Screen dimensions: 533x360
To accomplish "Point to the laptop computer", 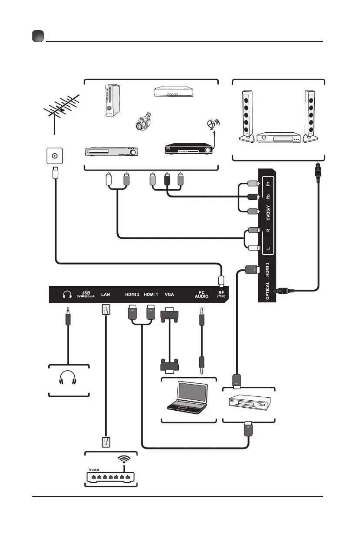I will [187, 396].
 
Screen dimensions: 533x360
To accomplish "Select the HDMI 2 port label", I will [133, 294].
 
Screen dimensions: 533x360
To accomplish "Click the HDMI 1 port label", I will [151, 294].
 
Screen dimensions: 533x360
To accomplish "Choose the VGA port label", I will [170, 294].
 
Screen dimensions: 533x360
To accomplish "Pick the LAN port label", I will [106, 294].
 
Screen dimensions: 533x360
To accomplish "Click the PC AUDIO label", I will [201, 295].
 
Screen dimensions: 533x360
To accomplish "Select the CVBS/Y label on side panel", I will [268, 213].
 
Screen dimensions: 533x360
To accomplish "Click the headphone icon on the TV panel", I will [67, 295].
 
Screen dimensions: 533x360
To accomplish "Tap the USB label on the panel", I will [85, 292].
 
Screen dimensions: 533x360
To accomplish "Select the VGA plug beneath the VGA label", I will [169, 314].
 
